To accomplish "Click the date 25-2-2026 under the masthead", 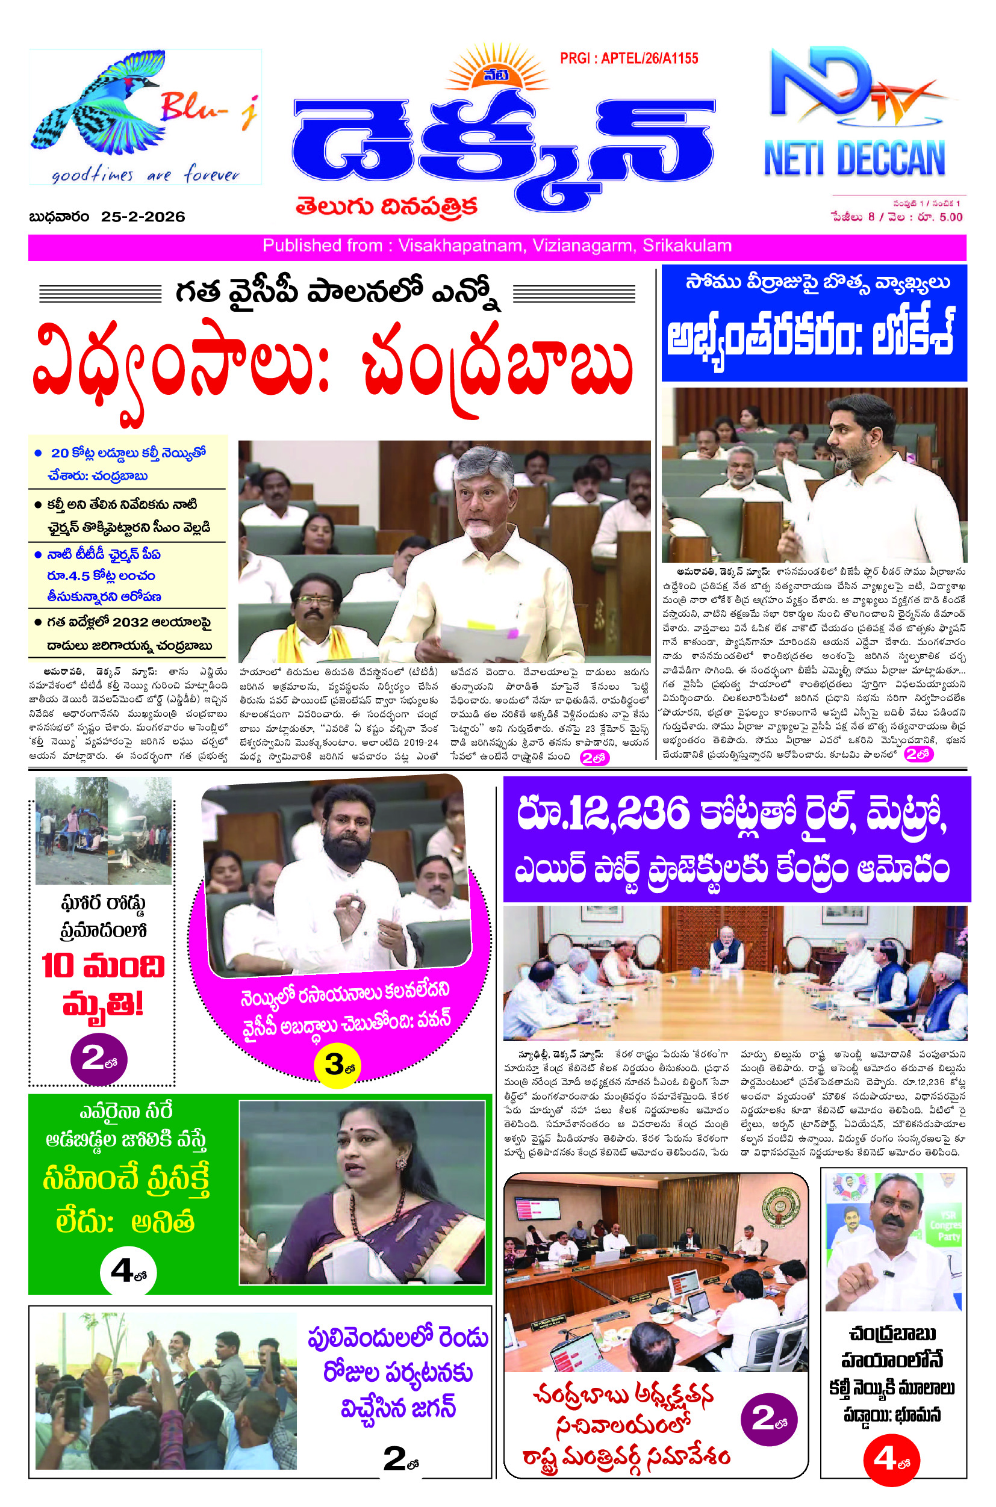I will point(143,217).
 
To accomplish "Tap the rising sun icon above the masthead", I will point(496,69).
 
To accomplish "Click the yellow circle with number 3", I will point(337,1065).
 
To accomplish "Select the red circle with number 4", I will point(891,1459).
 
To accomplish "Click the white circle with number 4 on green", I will point(128,1272).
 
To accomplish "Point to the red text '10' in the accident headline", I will point(58,966).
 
